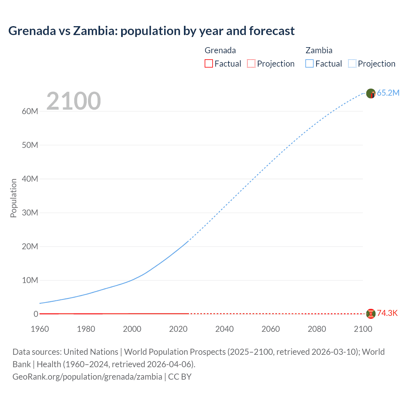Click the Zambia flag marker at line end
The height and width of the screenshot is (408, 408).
click(371, 93)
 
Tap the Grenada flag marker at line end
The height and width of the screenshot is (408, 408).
click(371, 314)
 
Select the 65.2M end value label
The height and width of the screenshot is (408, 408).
click(388, 93)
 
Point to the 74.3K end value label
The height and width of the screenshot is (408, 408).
click(387, 313)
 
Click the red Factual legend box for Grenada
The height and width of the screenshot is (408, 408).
click(208, 63)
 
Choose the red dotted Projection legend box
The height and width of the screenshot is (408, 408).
click(251, 63)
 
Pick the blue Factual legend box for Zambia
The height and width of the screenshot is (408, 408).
click(310, 63)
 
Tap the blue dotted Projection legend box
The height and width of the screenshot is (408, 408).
click(352, 63)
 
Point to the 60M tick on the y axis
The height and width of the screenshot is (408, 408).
click(30, 111)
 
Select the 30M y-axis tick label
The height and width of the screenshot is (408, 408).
click(30, 213)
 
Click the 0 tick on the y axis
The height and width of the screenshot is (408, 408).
click(36, 314)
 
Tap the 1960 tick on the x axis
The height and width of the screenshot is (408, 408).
click(40, 329)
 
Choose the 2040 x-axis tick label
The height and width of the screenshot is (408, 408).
click(224, 329)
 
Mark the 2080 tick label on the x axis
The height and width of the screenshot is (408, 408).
click(317, 329)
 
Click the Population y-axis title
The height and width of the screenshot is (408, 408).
click(13, 198)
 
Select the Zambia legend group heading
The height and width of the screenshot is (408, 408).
click(319, 50)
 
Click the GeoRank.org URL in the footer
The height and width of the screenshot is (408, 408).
click(87, 377)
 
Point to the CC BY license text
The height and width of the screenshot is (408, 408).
click(180, 377)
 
